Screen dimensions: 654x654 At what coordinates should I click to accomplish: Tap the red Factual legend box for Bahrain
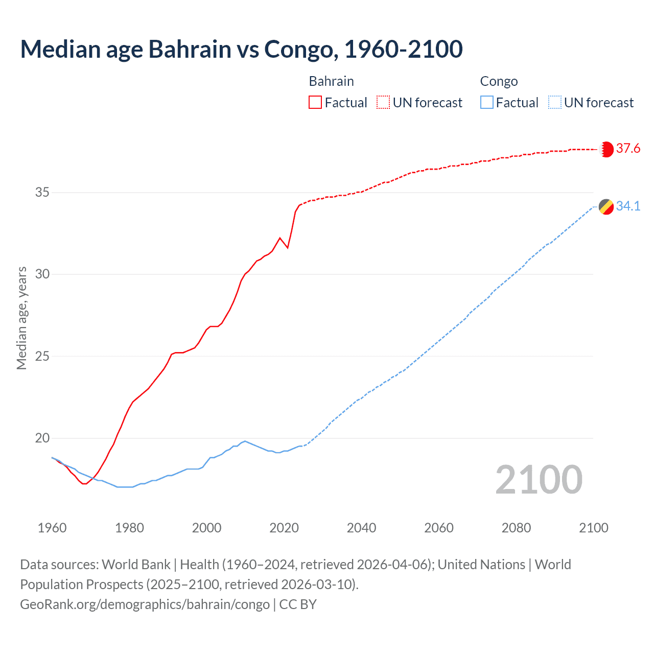[x=315, y=103]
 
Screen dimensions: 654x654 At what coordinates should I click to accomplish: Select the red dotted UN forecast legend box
[x=383, y=103]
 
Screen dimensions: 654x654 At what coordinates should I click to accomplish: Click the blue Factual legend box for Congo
[x=486, y=103]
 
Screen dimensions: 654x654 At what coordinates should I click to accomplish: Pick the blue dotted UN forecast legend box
[x=554, y=103]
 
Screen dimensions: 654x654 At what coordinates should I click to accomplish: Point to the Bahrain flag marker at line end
[x=606, y=149]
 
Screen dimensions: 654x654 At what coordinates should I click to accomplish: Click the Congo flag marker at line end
[x=606, y=206]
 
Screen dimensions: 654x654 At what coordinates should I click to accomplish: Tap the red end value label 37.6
[x=628, y=149]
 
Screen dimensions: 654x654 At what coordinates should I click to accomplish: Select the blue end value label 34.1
[x=628, y=206]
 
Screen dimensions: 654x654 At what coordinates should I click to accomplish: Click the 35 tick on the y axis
[x=42, y=193]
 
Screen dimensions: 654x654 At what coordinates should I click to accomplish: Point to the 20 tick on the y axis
[x=42, y=438]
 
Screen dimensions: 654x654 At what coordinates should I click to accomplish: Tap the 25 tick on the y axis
[x=42, y=356]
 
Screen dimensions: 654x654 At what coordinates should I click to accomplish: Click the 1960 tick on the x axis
[x=52, y=528]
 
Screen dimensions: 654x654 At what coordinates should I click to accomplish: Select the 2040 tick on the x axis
[x=361, y=528]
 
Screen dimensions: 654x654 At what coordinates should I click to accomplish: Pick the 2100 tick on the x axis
[x=593, y=528]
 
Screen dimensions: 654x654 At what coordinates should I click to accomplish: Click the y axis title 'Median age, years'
[x=21, y=318]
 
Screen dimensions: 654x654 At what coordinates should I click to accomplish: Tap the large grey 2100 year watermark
[x=539, y=480]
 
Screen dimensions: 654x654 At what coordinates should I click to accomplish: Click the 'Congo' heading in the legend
[x=499, y=81]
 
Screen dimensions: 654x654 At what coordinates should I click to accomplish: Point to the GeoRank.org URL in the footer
[x=145, y=604]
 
